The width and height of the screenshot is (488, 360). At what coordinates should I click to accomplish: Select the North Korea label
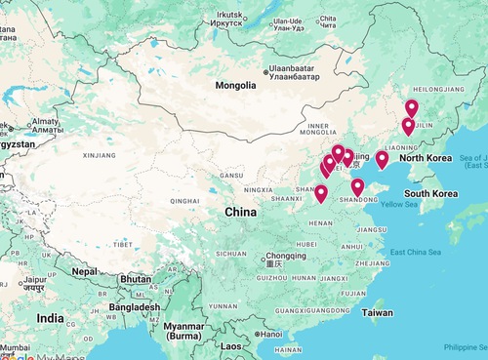(427, 158)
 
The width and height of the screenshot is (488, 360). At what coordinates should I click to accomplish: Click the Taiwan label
(377, 313)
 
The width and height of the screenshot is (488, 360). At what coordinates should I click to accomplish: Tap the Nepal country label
(85, 271)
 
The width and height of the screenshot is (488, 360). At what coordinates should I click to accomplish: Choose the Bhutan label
(136, 279)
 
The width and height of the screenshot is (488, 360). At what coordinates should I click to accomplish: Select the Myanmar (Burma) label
(189, 332)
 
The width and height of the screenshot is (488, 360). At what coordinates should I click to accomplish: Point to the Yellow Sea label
(398, 204)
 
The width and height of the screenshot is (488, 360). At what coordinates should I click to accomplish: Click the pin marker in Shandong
(358, 187)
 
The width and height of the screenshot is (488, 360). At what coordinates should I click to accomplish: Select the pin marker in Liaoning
(382, 159)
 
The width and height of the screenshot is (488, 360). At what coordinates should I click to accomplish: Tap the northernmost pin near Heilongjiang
(412, 107)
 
